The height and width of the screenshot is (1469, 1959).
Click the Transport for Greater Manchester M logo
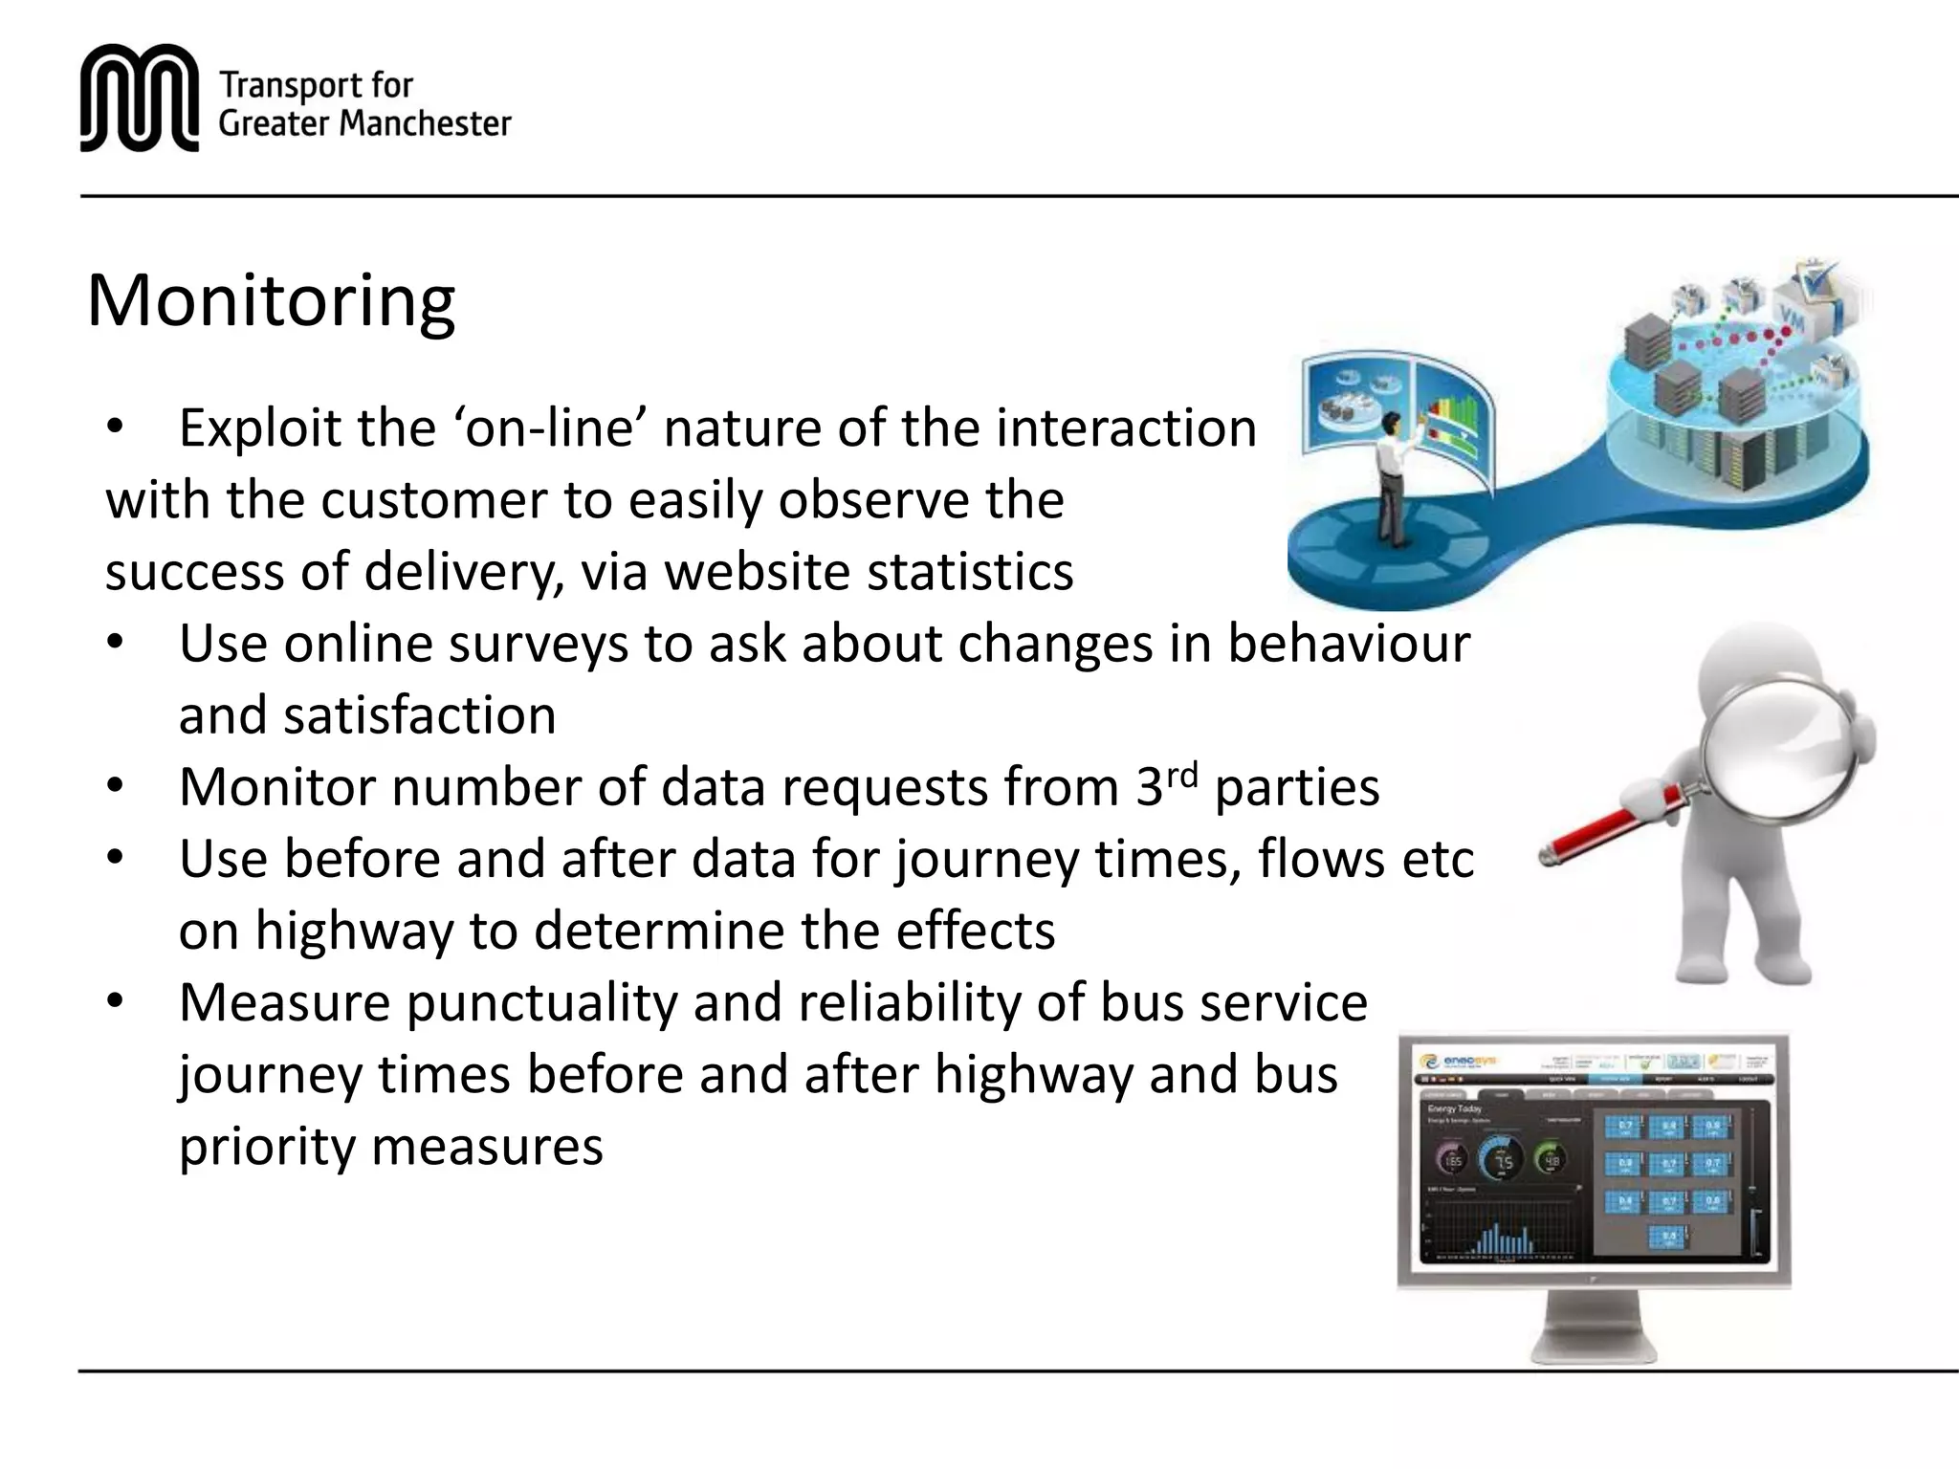click(139, 98)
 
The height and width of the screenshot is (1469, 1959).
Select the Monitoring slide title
click(271, 300)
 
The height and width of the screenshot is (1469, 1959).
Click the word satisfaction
click(419, 715)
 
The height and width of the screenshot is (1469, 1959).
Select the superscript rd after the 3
click(1182, 774)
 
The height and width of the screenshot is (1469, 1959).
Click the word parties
click(1296, 788)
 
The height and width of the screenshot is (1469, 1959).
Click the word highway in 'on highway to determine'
click(353, 932)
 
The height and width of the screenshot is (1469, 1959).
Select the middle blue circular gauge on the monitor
click(1504, 1160)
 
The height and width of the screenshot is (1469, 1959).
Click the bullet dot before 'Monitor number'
click(116, 787)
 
